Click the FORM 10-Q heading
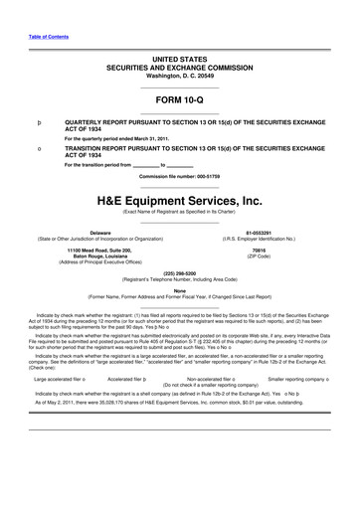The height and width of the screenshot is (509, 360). pyautogui.click(x=179, y=99)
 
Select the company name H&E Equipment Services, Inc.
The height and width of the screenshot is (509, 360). pyautogui.click(x=179, y=199)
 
